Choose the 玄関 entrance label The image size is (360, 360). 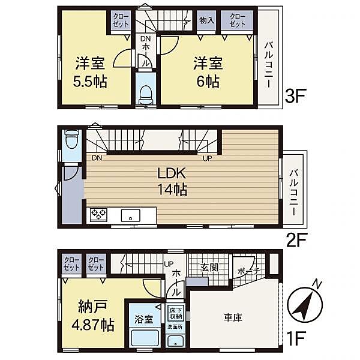[208, 266]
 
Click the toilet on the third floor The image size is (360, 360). [145, 94]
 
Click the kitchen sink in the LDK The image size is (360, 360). [130, 215]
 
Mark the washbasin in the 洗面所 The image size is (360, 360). [176, 341]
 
